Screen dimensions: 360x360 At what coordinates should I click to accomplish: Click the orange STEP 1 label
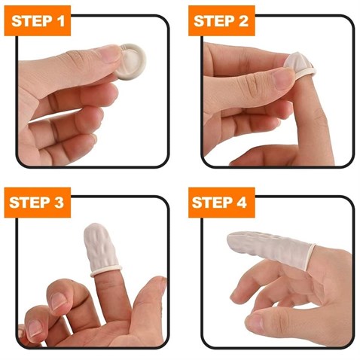(38, 20)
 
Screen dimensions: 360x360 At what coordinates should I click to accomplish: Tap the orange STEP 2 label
(221, 20)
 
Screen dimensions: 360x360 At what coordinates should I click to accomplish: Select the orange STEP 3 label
(38, 203)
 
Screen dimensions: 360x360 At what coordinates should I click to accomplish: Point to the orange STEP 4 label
(221, 203)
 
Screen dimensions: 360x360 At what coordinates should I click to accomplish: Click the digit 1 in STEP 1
(60, 21)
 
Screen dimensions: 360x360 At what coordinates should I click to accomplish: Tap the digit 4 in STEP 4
(242, 203)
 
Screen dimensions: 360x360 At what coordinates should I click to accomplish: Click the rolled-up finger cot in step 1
(131, 62)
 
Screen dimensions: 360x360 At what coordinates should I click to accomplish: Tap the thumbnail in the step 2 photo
(284, 78)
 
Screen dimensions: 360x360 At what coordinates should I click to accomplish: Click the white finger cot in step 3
(100, 249)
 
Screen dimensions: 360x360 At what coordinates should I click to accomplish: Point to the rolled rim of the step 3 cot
(106, 271)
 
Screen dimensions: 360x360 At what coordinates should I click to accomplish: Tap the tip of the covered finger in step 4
(229, 239)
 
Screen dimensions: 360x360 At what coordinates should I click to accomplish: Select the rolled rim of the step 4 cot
(310, 257)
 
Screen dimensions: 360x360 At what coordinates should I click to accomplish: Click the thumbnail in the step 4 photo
(255, 321)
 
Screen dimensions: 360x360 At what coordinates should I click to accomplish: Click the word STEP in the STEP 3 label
(27, 203)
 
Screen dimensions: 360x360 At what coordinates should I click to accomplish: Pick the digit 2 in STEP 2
(243, 21)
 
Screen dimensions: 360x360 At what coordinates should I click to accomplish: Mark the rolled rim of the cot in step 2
(305, 74)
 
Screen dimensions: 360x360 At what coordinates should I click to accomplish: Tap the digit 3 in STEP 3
(59, 203)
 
